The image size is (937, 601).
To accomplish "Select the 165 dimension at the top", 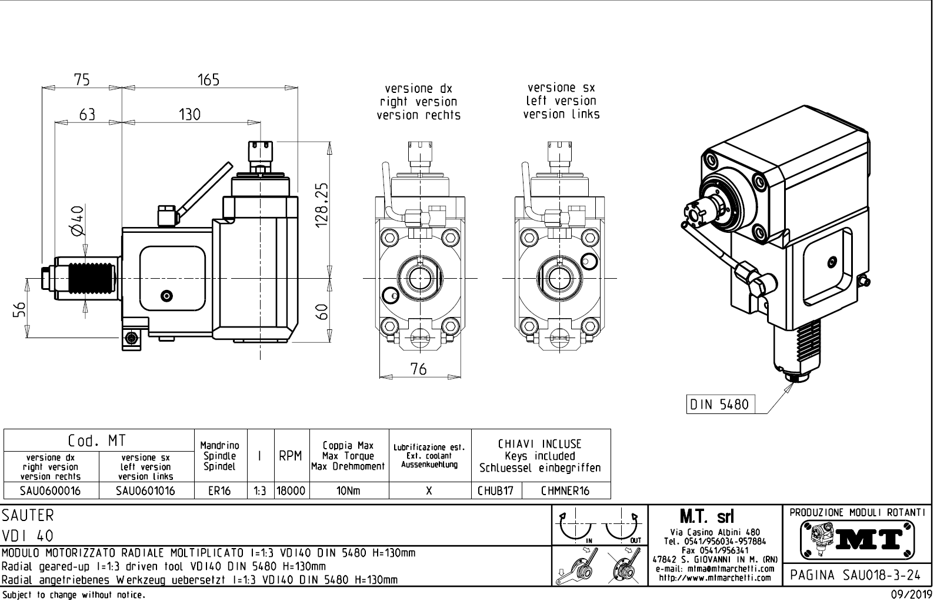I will point(208,79).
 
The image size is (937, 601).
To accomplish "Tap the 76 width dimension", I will point(418,369).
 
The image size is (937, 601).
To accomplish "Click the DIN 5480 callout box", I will point(720,405).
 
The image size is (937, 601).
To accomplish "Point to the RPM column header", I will point(291,456).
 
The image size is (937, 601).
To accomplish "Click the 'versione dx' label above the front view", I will point(418,89).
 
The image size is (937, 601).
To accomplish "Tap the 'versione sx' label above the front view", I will point(561,88).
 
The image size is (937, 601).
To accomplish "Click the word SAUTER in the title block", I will point(28,516).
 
